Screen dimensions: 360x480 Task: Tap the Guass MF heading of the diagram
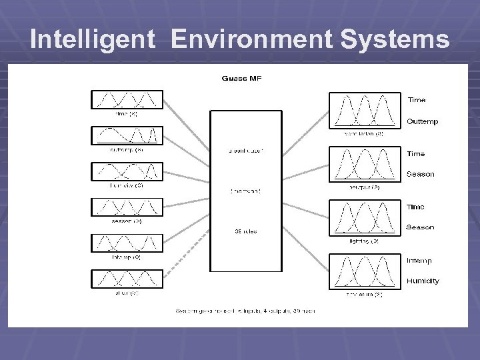pos(241,79)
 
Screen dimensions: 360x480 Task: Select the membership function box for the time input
pos(125,99)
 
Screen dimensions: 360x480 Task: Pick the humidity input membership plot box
pos(125,171)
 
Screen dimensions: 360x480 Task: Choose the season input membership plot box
pos(125,207)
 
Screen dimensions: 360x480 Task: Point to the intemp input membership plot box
pos(125,243)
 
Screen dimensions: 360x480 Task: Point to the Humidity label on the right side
pos(423,281)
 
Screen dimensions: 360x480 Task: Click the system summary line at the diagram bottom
pos(245,311)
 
